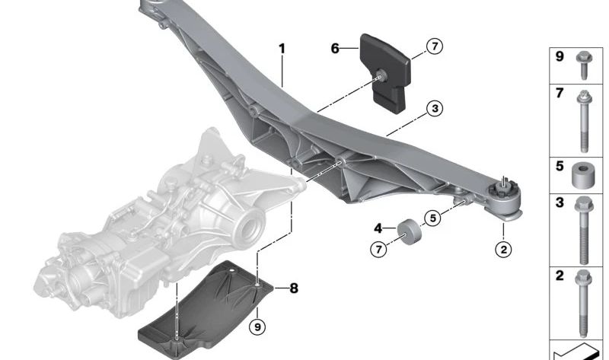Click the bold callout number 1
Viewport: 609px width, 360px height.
coord(282,49)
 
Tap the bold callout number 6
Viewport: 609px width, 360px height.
coord(335,48)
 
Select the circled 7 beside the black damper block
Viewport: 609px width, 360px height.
coord(433,47)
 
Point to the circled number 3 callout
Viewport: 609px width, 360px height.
coord(433,109)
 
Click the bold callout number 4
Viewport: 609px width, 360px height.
coord(378,227)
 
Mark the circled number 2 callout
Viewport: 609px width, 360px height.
coord(502,248)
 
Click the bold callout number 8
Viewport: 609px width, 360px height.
coord(294,288)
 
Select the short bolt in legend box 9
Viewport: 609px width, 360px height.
coord(583,65)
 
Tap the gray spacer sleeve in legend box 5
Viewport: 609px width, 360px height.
coord(583,177)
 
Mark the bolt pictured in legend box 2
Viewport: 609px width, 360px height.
coord(583,301)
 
